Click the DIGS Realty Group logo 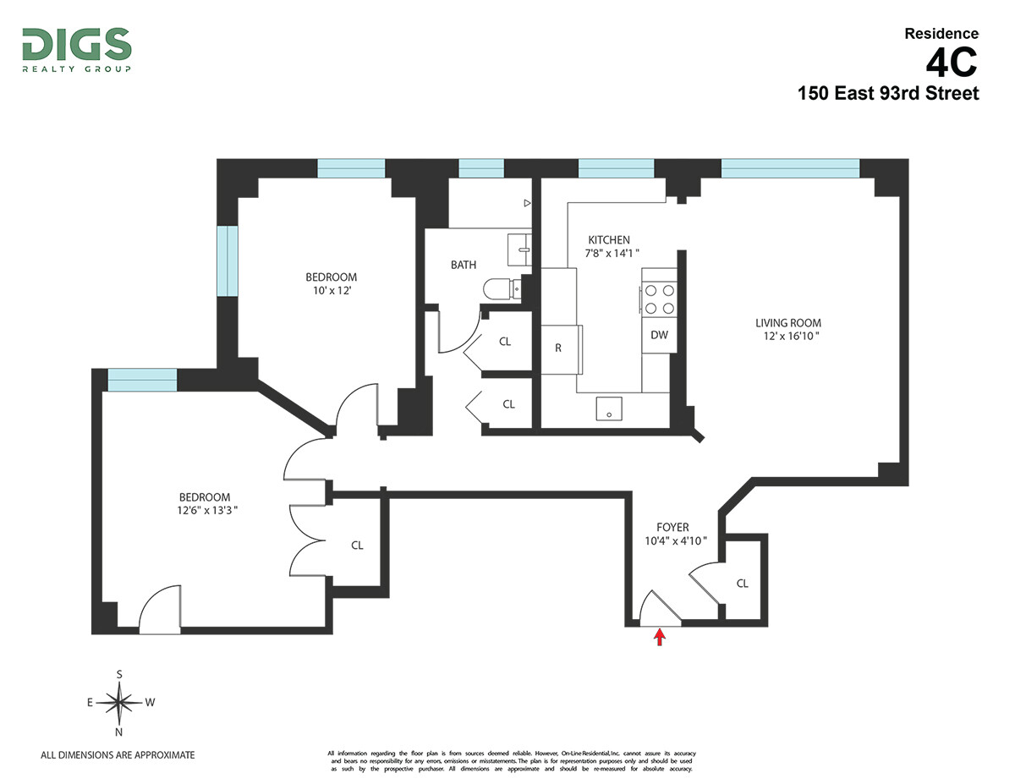coord(76,50)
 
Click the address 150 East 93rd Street coord(888,93)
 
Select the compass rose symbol coord(120,702)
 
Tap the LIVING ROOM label coord(788,323)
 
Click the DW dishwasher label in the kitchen coord(660,335)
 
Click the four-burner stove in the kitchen coord(660,299)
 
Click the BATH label coord(464,265)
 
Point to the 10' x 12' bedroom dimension coord(331,291)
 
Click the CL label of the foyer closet coord(743,583)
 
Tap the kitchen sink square coord(609,408)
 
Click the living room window coord(790,168)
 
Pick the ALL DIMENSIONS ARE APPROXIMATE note coord(118,754)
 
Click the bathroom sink coord(519,249)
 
